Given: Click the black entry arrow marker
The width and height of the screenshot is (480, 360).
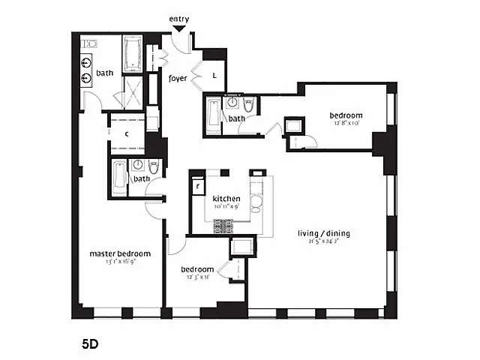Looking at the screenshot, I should (x=178, y=29).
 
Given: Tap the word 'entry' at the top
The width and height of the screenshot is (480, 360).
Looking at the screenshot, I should (x=178, y=19).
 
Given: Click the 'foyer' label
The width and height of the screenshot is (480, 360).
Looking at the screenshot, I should (x=177, y=77).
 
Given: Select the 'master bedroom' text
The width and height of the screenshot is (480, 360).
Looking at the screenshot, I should (x=120, y=253).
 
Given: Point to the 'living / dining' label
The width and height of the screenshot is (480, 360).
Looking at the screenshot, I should (x=323, y=233).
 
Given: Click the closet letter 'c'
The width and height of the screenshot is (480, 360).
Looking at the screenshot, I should (x=127, y=133).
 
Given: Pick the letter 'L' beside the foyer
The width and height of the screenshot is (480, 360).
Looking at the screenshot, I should (x=214, y=76).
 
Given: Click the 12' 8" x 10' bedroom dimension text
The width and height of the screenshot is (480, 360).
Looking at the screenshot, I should (x=346, y=124).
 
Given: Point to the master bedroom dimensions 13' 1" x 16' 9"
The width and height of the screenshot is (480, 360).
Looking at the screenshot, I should (x=119, y=262).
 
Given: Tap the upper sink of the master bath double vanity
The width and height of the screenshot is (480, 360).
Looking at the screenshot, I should (x=87, y=63).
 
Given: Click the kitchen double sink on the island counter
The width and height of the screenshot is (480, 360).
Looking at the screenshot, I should (x=255, y=199).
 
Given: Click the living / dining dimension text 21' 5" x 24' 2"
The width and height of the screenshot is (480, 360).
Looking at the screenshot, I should (x=323, y=242).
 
